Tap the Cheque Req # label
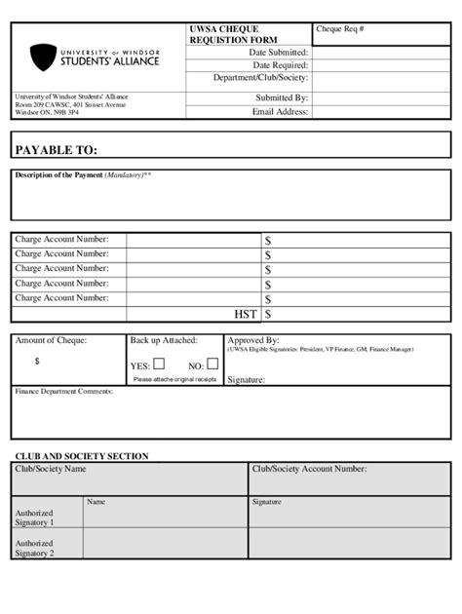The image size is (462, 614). (x=340, y=29)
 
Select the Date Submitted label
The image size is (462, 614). (x=278, y=52)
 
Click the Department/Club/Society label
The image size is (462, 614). (x=260, y=79)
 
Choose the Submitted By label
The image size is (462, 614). (x=282, y=97)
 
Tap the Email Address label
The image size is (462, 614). (x=280, y=111)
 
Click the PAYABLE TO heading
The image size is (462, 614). (x=57, y=150)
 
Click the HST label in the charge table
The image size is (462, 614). (x=246, y=314)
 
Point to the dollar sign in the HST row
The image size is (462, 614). (x=268, y=314)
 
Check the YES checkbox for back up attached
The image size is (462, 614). (x=160, y=365)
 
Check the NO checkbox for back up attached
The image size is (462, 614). (x=212, y=365)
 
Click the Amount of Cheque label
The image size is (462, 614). (x=51, y=340)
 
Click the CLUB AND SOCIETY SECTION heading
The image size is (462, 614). (x=82, y=456)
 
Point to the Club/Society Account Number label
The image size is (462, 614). (x=309, y=469)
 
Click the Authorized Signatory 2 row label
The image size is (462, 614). (x=34, y=548)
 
